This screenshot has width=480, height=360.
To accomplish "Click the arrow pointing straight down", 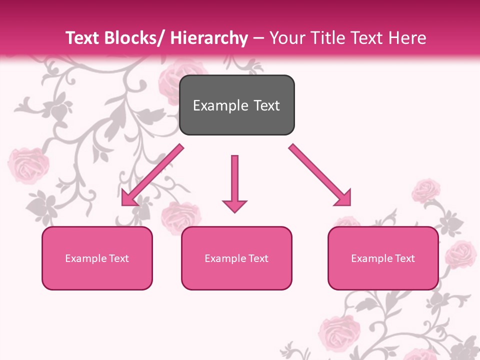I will pyautogui.click(x=234, y=183).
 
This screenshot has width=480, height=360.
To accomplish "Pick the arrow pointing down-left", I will pyautogui.click(x=152, y=175).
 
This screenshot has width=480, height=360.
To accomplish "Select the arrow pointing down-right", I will pyautogui.click(x=320, y=175).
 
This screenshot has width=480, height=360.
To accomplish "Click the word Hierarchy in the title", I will pyautogui.click(x=208, y=38).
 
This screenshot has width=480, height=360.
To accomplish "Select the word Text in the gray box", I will pyautogui.click(x=266, y=105).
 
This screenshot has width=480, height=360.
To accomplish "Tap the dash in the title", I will pyautogui.click(x=258, y=38).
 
